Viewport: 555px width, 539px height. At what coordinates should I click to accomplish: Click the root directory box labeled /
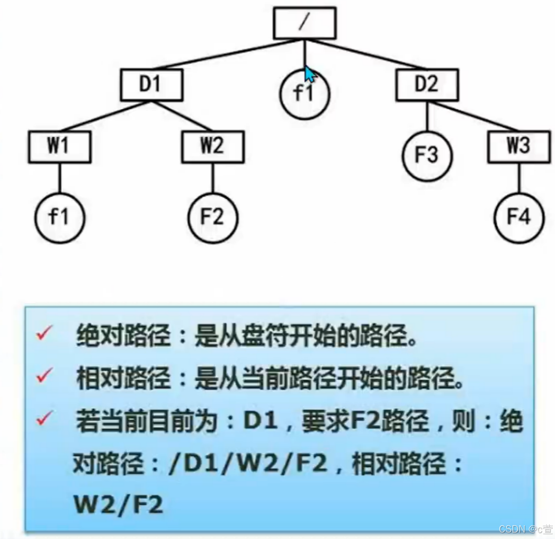[x=305, y=23]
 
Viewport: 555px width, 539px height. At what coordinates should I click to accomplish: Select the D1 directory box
[x=151, y=85]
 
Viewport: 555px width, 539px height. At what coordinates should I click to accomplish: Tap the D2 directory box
[x=427, y=85]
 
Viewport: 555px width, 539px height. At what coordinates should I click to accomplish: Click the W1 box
[x=59, y=147]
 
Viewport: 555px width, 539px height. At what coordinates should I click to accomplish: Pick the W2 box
[x=213, y=147]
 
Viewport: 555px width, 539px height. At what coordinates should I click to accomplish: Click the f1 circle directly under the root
[x=304, y=95]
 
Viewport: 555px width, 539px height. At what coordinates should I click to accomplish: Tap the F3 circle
[x=427, y=156]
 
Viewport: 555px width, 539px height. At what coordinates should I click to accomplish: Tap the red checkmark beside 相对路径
[x=43, y=377]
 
